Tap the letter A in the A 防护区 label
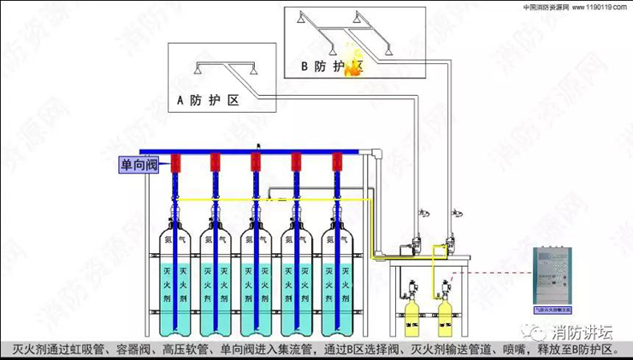point(180,102)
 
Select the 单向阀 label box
point(138,164)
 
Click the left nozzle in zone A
point(196,74)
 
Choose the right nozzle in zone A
point(255,74)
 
